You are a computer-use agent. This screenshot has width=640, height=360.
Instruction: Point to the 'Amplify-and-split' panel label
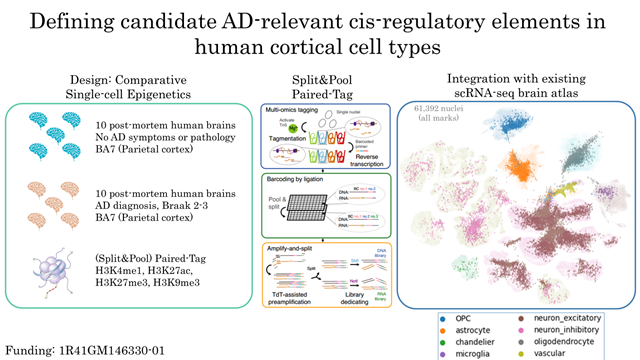pos(290,246)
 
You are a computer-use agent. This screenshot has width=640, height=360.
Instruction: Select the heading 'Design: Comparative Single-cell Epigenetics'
pos(133,87)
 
